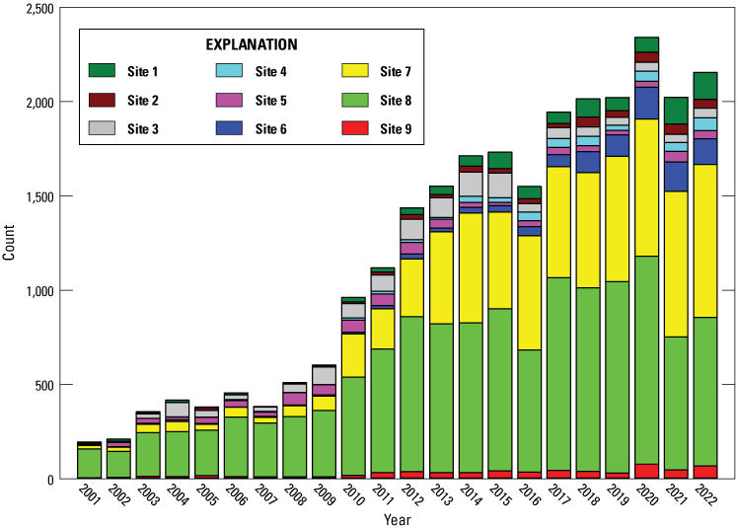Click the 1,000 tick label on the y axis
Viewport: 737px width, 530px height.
37,291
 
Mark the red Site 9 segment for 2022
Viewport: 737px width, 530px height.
705,472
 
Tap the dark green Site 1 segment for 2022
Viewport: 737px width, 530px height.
705,85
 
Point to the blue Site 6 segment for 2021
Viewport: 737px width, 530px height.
677,176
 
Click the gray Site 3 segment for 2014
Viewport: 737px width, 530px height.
471,184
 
